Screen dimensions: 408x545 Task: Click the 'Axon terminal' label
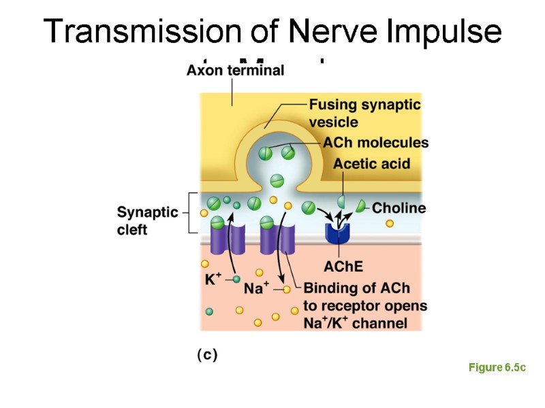(235, 71)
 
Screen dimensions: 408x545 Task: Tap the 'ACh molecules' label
(375, 143)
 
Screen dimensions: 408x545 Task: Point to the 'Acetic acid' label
(371, 164)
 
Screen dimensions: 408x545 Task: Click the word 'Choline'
(399, 207)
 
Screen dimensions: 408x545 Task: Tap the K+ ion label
(213, 279)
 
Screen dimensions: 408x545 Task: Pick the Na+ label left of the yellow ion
(257, 288)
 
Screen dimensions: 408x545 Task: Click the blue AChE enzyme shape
(337, 232)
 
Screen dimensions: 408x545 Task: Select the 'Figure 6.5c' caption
(497, 368)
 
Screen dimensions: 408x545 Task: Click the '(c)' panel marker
(206, 354)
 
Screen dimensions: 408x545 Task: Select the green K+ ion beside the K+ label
(236, 279)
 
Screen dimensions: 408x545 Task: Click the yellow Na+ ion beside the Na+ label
(286, 289)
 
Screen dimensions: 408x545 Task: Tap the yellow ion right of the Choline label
(390, 223)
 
